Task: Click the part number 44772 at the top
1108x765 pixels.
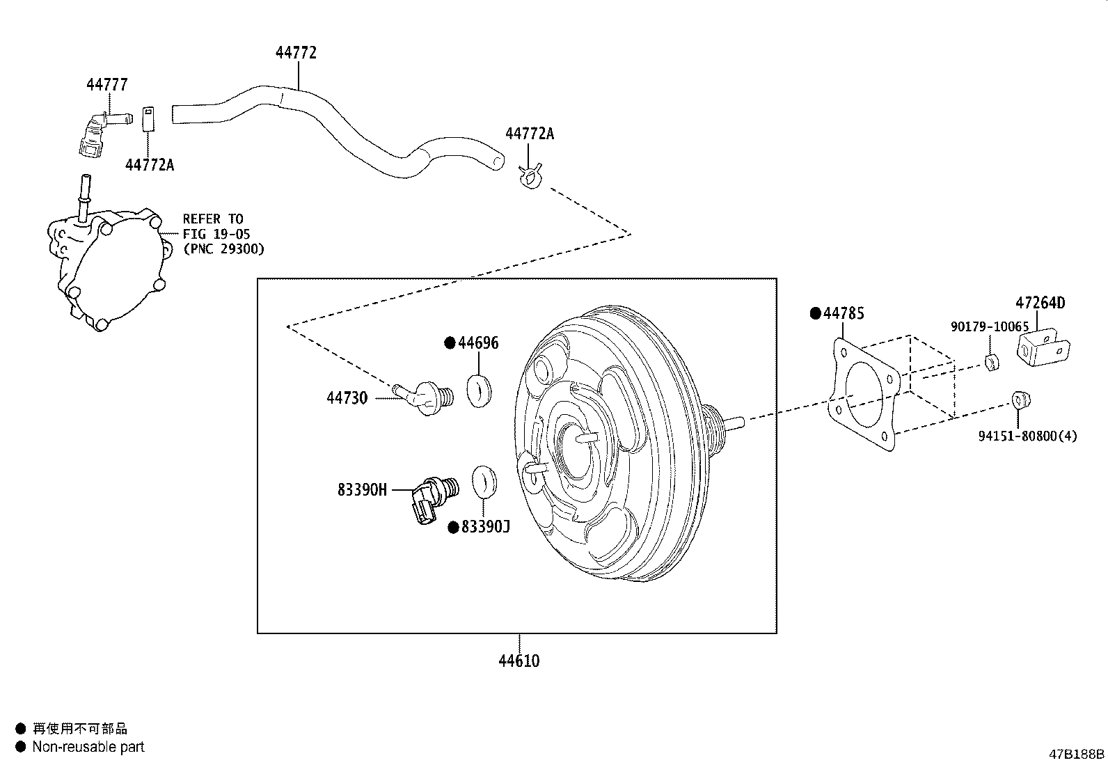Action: (x=296, y=53)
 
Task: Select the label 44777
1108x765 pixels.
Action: (x=107, y=85)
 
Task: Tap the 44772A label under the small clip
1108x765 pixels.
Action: (x=150, y=165)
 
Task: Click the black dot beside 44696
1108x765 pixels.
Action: (x=450, y=342)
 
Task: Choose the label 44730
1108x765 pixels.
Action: (x=347, y=398)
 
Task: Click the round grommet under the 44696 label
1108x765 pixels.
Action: (x=479, y=390)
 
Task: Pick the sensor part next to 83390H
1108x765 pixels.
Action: (x=429, y=497)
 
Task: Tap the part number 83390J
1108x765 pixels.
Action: (x=486, y=528)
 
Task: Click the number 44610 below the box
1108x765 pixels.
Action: (x=519, y=661)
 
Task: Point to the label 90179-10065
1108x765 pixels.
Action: (x=989, y=326)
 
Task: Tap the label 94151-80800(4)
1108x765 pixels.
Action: (x=1027, y=436)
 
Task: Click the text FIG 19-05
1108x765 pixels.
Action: (x=216, y=234)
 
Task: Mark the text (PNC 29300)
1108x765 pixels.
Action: (x=223, y=249)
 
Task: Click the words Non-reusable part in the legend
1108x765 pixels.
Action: (x=88, y=747)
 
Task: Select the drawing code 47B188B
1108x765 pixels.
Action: (x=1077, y=754)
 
